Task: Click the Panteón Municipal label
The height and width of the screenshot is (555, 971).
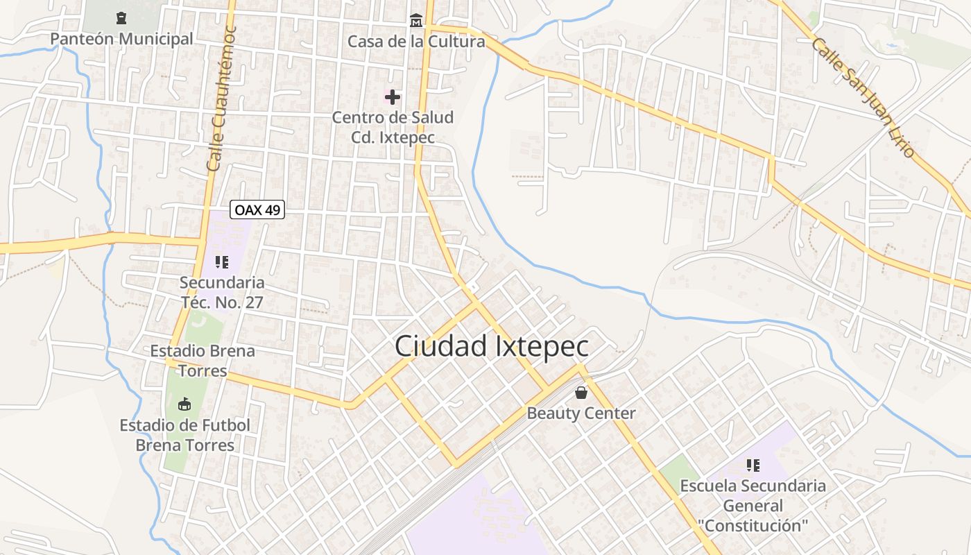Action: click(121, 39)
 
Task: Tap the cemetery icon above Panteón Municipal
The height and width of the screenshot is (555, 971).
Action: click(122, 17)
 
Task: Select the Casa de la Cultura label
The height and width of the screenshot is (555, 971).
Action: click(416, 42)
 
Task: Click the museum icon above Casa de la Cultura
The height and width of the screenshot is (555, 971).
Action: click(416, 20)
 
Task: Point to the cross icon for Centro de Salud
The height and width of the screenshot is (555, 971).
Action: click(393, 97)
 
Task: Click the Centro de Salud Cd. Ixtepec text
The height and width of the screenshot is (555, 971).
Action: click(393, 127)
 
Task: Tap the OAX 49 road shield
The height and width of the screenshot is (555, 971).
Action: click(257, 210)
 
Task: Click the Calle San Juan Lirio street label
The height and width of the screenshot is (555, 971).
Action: click(863, 97)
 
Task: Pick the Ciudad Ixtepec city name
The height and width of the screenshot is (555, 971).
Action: click(492, 347)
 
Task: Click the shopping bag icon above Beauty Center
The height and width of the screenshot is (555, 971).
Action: click(581, 393)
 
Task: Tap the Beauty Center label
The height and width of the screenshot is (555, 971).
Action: click(581, 413)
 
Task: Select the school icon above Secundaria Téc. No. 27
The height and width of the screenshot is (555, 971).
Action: click(222, 262)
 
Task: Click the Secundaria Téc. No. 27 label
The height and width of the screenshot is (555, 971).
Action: click(222, 292)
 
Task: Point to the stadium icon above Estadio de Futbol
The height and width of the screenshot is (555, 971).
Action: click(184, 404)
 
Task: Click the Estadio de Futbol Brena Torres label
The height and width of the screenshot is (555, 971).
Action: click(184, 435)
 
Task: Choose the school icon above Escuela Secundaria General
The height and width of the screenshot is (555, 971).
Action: click(753, 465)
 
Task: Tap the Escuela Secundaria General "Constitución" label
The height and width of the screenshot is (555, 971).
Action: click(753, 506)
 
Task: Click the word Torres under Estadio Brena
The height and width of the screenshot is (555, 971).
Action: click(203, 370)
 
